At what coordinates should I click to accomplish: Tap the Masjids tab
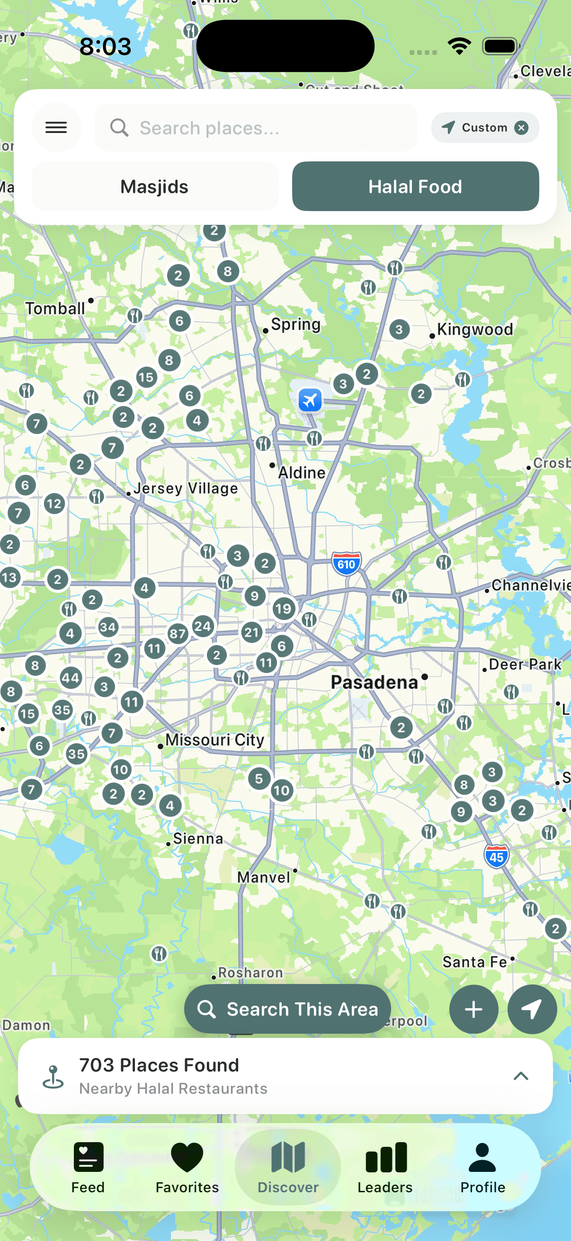(x=155, y=186)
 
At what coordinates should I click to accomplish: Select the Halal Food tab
(x=415, y=186)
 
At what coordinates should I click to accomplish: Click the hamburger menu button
(x=56, y=128)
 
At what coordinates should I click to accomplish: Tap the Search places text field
(x=255, y=128)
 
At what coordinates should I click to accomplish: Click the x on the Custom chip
(x=521, y=128)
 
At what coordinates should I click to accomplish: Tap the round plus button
(x=473, y=1009)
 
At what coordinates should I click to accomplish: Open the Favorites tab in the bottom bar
(x=187, y=1166)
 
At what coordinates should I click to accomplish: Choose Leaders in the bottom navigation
(x=385, y=1166)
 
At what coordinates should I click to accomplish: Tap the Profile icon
(x=482, y=1166)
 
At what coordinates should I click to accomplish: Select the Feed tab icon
(x=88, y=1166)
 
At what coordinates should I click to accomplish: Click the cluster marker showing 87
(x=178, y=633)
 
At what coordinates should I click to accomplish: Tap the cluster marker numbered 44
(x=71, y=678)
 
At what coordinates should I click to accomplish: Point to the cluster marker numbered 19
(x=283, y=609)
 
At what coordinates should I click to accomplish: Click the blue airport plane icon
(x=310, y=400)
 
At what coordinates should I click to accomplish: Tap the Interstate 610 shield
(x=346, y=564)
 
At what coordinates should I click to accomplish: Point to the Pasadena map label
(x=374, y=682)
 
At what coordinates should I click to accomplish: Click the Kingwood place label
(x=474, y=329)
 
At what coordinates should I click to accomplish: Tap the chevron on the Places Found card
(x=521, y=1076)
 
